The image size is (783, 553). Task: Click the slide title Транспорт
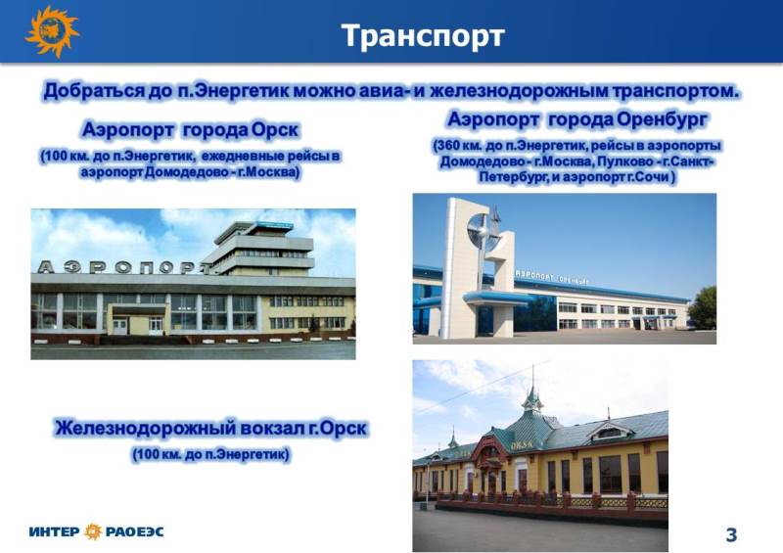click(x=423, y=36)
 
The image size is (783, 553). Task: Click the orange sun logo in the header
click(x=52, y=31)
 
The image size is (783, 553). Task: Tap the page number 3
click(x=731, y=534)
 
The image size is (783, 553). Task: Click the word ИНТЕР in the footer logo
click(x=54, y=531)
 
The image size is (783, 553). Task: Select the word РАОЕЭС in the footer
click(x=134, y=531)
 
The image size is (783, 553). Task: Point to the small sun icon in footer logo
click(x=93, y=531)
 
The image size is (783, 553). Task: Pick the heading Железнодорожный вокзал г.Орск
click(x=210, y=429)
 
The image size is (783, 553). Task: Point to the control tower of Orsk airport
click(x=260, y=249)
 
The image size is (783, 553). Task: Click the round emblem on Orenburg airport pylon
click(x=483, y=232)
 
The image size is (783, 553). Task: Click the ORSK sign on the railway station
click(x=522, y=444)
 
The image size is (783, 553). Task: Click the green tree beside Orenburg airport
click(x=703, y=307)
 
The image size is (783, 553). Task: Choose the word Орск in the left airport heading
click(x=275, y=130)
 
